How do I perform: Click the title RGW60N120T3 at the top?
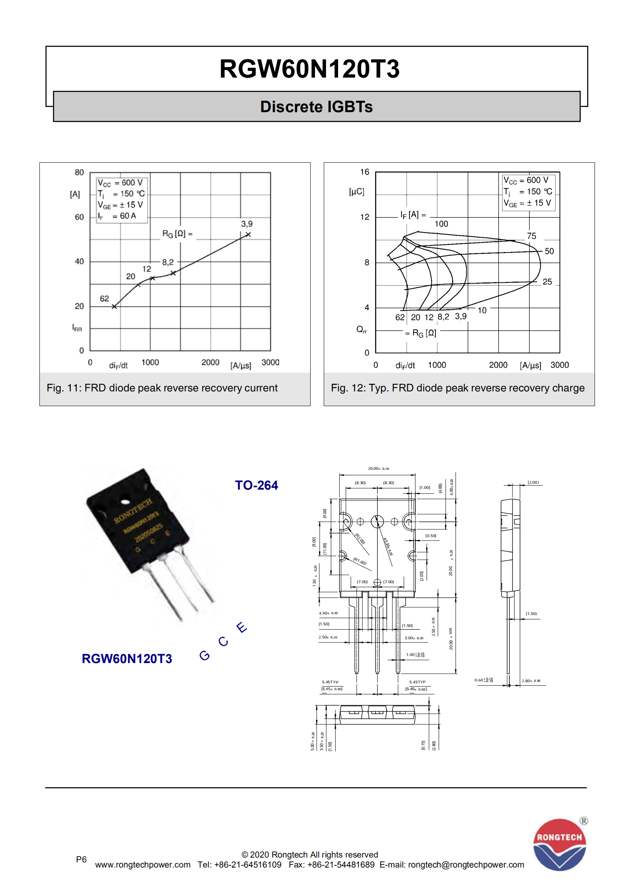point(309,69)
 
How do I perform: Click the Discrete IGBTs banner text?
point(316,107)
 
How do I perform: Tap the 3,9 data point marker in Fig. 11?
point(248,235)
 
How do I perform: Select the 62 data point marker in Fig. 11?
point(114,306)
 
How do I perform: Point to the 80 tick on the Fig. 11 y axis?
point(79,172)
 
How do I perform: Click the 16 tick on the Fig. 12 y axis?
point(364,172)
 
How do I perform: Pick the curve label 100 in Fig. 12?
point(441,224)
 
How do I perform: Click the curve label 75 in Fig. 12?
point(531,236)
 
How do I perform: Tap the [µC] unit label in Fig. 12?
point(356,191)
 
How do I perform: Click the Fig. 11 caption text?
point(162,388)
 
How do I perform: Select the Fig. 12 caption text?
point(458,388)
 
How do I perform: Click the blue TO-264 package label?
point(256,485)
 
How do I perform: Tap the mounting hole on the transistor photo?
point(125,502)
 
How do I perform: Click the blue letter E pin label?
point(241,627)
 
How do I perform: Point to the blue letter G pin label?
point(204,655)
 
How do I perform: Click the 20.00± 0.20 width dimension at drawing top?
point(378,469)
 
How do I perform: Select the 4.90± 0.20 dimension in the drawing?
point(328,613)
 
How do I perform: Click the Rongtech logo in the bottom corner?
point(560,844)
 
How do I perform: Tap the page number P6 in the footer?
point(81,859)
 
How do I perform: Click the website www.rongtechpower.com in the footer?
point(143,865)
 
